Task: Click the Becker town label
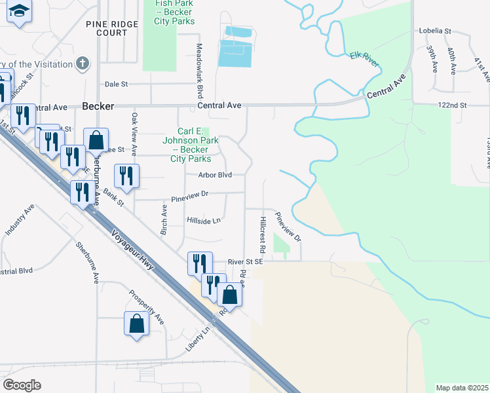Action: (98, 105)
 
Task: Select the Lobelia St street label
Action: (436, 31)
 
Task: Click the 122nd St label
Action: (453, 105)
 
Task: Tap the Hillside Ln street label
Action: (204, 220)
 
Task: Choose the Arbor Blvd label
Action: (216, 175)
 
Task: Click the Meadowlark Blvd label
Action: (198, 72)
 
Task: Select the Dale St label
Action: (116, 84)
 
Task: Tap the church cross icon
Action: (82, 63)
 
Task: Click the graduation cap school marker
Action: (20, 11)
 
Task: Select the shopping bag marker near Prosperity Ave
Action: (136, 324)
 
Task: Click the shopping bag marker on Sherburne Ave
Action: (96, 140)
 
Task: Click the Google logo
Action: (22, 384)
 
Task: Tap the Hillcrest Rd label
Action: (261, 234)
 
